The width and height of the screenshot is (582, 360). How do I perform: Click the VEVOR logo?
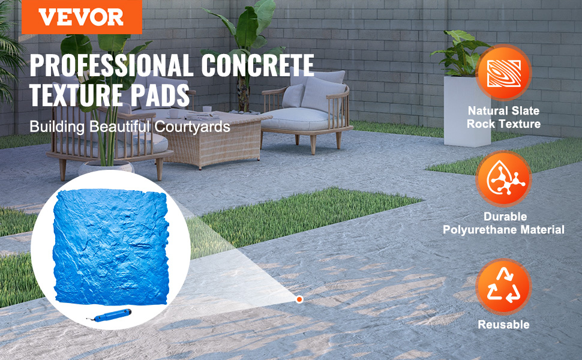point(82,17)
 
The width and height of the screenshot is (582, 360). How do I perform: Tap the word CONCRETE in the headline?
point(258,65)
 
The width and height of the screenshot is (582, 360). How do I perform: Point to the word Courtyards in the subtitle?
point(192,127)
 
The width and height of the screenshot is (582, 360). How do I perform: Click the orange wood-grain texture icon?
point(503,72)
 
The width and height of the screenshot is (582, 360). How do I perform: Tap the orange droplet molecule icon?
point(503,179)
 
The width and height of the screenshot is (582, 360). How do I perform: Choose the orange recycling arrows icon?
point(503,286)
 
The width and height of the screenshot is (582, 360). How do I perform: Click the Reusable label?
point(503,325)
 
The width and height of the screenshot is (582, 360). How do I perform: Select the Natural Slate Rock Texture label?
point(503,117)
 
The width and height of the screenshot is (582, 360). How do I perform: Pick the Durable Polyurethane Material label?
point(503,223)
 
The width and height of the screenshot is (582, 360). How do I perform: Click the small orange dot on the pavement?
point(299,299)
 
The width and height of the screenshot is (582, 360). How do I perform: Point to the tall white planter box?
point(467,112)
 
